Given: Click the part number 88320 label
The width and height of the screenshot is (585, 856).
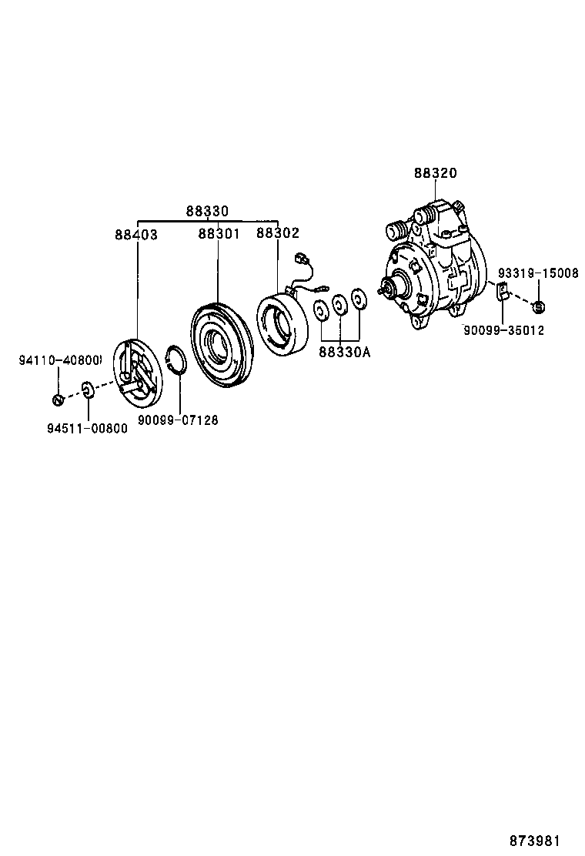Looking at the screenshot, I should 435,174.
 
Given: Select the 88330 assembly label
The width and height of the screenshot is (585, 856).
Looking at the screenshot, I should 207,211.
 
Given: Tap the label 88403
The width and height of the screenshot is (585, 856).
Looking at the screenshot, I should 136,234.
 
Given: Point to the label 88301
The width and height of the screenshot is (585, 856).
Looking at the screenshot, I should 219,234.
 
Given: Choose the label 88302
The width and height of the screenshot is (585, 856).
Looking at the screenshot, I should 278,233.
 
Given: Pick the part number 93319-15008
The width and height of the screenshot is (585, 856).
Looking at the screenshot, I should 537,273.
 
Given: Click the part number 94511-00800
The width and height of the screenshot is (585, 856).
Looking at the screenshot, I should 87,428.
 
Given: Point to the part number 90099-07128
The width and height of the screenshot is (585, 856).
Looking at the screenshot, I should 178,420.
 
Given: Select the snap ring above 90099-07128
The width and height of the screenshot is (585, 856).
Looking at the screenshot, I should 178,360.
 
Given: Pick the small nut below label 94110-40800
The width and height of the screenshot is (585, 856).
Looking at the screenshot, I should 58,399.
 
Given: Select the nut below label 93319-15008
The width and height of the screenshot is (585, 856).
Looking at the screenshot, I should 539,307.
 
